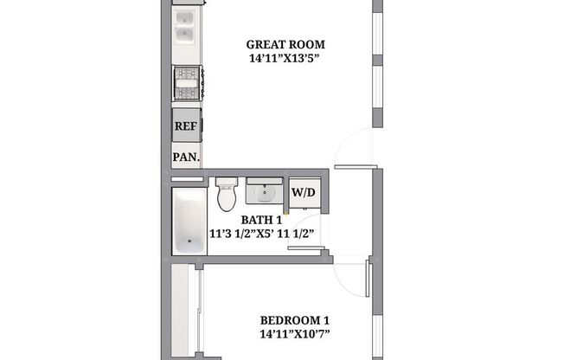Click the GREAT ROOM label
(x=285, y=45)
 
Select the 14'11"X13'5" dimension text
(x=285, y=59)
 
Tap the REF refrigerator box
(x=186, y=126)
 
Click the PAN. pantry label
(x=186, y=157)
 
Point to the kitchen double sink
(x=185, y=34)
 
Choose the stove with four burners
(x=187, y=84)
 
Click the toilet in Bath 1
(x=227, y=196)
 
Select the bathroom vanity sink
(x=263, y=191)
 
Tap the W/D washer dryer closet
(x=303, y=193)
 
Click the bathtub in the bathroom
(x=189, y=222)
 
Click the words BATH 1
(x=261, y=220)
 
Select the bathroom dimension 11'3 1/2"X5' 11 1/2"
(x=261, y=234)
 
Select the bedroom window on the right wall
(x=376, y=333)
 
